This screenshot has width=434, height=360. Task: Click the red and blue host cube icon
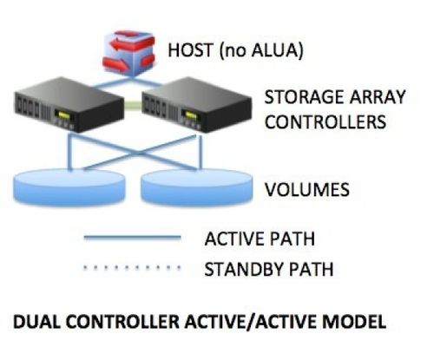(128, 53)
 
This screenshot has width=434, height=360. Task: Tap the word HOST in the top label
(190, 49)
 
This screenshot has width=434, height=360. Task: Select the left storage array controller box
(69, 104)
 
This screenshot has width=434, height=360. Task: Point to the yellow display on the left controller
(63, 115)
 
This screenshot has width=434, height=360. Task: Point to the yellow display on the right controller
(191, 115)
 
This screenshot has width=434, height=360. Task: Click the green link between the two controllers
(133, 103)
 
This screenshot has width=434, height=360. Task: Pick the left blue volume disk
(69, 187)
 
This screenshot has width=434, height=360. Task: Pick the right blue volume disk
(196, 187)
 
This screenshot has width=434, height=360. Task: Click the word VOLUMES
(307, 190)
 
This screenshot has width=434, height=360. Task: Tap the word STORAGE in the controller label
(304, 97)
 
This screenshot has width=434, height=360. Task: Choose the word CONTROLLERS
(325, 121)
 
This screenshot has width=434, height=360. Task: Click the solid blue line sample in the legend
(132, 238)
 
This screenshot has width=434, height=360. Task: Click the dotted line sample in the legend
(132, 268)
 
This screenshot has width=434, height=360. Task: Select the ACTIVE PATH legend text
(260, 239)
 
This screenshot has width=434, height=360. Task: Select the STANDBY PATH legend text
(269, 269)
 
